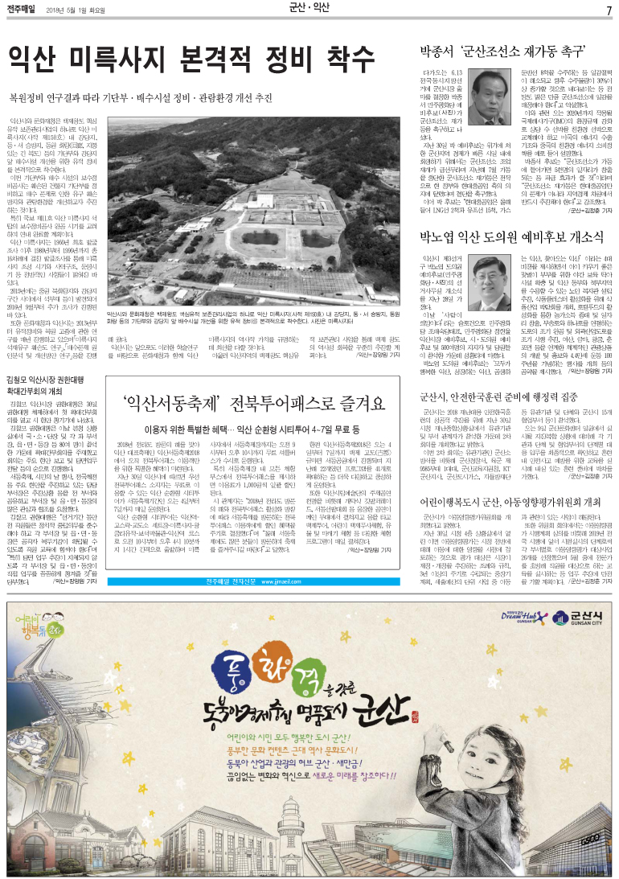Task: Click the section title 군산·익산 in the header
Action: click(x=309, y=9)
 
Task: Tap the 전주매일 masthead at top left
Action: click(x=22, y=9)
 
